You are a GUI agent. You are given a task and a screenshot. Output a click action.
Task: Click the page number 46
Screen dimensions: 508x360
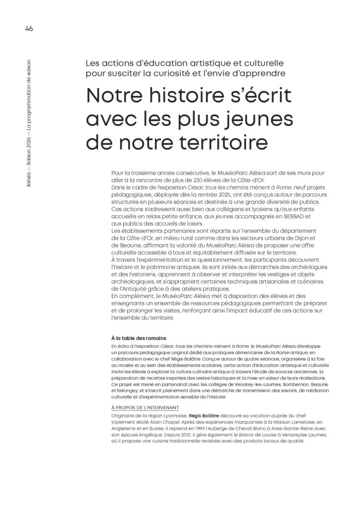coord(28,28)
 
